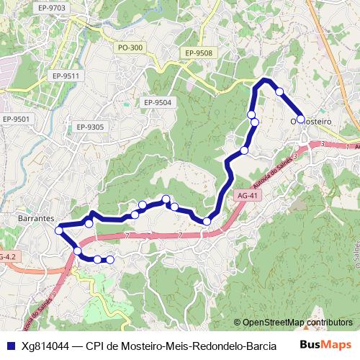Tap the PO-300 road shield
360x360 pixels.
click(x=130, y=48)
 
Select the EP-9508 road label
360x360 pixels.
click(x=198, y=53)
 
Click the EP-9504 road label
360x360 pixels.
click(x=157, y=102)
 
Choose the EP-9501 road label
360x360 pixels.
click(x=16, y=119)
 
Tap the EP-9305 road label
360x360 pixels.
click(x=90, y=127)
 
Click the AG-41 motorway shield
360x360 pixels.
click(x=246, y=195)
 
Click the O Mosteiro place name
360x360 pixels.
click(x=310, y=121)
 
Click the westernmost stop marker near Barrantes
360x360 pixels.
click(x=59, y=230)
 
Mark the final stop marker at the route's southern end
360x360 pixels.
click(x=110, y=259)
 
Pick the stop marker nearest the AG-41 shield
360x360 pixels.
click(x=207, y=221)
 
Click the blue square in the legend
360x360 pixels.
click(x=9, y=345)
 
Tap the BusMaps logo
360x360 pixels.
click(x=325, y=345)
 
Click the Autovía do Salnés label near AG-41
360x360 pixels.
click(x=273, y=171)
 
